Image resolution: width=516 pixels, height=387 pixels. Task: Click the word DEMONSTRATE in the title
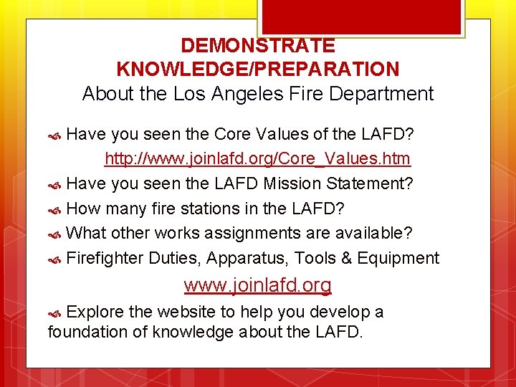(257, 46)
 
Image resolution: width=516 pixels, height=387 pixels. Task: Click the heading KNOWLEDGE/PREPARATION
(257, 70)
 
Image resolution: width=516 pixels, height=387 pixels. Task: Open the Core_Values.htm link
(257, 158)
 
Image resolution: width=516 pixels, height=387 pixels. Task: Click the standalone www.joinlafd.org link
(257, 285)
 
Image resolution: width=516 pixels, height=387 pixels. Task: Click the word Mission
(293, 183)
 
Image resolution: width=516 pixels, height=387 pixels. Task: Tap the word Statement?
(370, 183)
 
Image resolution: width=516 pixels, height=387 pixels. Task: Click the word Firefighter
(105, 258)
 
